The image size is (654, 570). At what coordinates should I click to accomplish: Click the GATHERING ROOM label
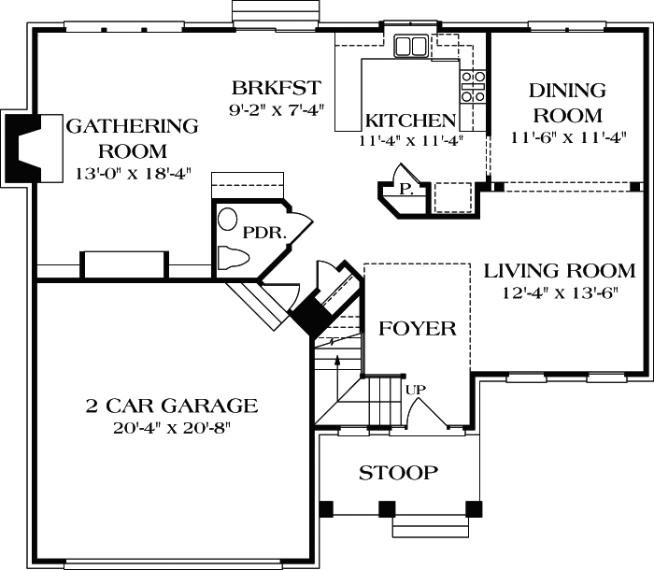point(131,137)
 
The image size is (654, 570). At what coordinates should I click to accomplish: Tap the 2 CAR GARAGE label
point(171,406)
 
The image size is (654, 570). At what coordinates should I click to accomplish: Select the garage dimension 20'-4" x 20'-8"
point(171,428)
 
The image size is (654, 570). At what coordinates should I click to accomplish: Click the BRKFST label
point(277,89)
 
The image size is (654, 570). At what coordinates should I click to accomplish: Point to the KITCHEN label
point(410,121)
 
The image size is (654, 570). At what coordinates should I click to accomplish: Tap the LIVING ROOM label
point(559,272)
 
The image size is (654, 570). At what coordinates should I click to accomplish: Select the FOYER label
point(417,329)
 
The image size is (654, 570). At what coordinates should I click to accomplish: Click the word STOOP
point(398,473)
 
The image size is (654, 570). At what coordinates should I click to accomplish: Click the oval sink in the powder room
point(227,220)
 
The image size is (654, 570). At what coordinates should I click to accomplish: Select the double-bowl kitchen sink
point(410,46)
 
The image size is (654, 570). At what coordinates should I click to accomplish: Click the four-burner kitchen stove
point(473,86)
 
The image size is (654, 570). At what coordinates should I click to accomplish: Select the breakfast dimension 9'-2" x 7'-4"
point(277,109)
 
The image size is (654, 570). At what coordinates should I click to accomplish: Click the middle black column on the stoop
point(385,510)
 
